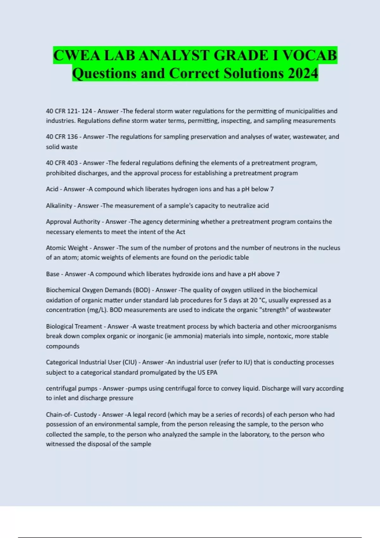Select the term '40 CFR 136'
pyautogui.click(x=62, y=137)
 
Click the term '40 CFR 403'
pyautogui.click(x=62, y=163)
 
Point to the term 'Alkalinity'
pyautogui.click(x=59, y=206)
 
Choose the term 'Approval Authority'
pyautogui.click(x=73, y=222)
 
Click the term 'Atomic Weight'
pyautogui.click(x=67, y=248)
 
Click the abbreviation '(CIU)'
pyautogui.click(x=130, y=362)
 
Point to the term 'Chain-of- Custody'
pyautogui.click(x=71, y=415)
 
